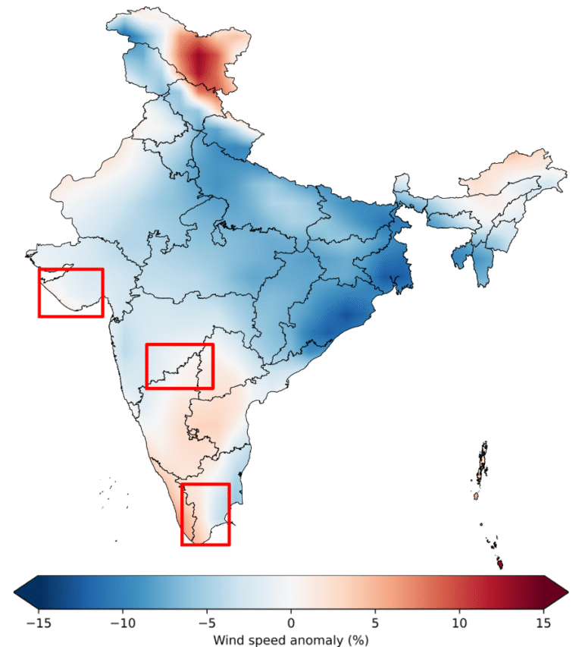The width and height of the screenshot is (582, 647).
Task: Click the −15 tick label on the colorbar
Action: coord(39,623)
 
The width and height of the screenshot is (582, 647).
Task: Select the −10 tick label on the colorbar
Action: coord(123,623)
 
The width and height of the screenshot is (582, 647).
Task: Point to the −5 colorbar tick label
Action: coord(207,623)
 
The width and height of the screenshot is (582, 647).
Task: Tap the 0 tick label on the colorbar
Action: coord(291,623)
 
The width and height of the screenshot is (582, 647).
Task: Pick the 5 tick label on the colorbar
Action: coord(375,623)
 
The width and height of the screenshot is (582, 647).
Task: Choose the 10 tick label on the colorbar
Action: coord(459,623)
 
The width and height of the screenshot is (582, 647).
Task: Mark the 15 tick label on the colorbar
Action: coord(543,623)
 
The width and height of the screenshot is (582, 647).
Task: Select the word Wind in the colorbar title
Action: coord(226,640)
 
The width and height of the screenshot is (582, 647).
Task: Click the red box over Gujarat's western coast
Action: coord(39,293)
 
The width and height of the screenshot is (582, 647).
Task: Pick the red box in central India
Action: coord(147,366)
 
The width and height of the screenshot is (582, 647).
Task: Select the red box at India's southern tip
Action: coord(182,514)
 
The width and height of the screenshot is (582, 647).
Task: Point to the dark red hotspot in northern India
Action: coord(200,60)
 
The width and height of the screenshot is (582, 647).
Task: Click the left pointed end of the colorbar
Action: coord(15,592)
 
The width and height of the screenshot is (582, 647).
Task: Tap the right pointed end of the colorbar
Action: coord(568,592)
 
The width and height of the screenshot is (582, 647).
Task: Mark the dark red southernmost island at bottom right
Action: coord(500,564)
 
